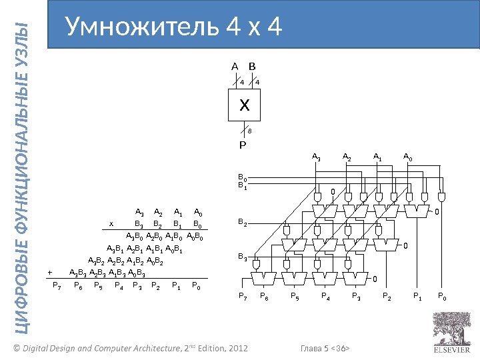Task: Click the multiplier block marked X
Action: click(244, 105)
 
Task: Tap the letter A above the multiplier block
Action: click(235, 67)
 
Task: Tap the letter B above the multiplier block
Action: click(252, 67)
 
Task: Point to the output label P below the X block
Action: click(243, 144)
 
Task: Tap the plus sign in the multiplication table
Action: click(49, 272)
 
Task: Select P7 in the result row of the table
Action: click(57, 286)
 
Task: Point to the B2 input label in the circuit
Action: click(243, 224)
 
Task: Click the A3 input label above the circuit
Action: click(317, 157)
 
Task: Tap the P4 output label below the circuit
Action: click(325, 295)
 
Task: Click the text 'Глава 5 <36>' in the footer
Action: click(326, 349)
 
